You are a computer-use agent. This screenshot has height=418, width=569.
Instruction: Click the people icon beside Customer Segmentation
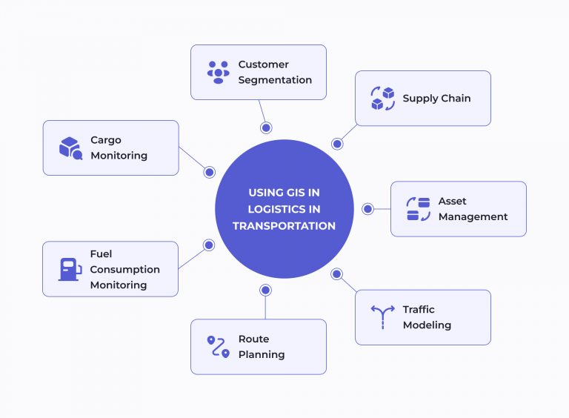(x=219, y=72)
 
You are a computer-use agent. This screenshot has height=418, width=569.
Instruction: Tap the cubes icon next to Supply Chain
(x=382, y=99)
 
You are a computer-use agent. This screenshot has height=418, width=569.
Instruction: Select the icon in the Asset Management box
(x=419, y=209)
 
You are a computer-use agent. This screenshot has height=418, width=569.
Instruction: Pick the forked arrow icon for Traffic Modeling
(x=382, y=317)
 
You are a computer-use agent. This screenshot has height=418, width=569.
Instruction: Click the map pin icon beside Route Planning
(x=218, y=347)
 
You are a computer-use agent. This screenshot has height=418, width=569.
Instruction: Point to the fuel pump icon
(x=70, y=269)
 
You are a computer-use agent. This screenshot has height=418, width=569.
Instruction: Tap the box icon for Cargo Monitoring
(x=70, y=148)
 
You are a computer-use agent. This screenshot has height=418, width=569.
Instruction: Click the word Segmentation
(x=275, y=80)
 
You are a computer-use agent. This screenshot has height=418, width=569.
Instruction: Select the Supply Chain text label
(x=436, y=99)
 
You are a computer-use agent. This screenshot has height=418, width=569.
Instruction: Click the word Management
(x=473, y=217)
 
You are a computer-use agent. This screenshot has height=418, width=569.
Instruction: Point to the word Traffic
(x=419, y=309)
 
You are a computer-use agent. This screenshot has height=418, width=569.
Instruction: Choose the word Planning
(x=262, y=354)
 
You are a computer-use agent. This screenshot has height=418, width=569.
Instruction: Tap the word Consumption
(x=124, y=269)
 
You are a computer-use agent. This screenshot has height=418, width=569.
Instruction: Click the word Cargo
(x=106, y=140)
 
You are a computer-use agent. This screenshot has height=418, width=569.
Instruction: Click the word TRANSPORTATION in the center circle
(x=284, y=226)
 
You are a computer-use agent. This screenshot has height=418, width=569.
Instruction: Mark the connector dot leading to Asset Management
(x=367, y=209)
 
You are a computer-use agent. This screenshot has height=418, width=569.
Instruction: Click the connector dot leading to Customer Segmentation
(x=266, y=127)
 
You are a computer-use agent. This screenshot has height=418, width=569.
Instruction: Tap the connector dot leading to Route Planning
(x=265, y=290)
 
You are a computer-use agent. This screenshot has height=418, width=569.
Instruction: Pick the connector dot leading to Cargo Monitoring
(x=209, y=172)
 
